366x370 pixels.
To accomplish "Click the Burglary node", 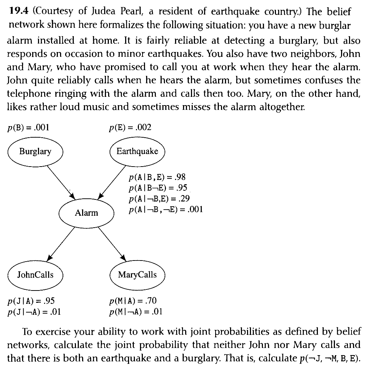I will [35, 151].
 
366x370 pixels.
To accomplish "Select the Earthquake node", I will [137, 151].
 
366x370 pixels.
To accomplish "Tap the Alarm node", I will [86, 213].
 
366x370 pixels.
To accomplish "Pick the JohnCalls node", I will [35, 275].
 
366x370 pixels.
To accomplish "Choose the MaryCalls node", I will [137, 275].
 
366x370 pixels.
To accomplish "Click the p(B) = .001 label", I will [28, 127].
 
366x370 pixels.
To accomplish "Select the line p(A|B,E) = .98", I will [157, 177].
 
